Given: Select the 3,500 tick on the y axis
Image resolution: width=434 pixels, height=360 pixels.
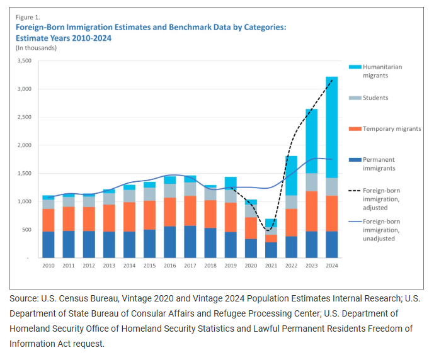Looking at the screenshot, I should click(x=24, y=61).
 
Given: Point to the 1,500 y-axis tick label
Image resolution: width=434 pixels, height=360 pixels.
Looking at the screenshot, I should click(x=24, y=174).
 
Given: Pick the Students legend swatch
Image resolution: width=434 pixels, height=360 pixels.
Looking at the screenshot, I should click(x=354, y=98).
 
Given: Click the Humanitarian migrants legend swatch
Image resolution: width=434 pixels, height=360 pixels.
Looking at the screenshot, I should click(x=354, y=67).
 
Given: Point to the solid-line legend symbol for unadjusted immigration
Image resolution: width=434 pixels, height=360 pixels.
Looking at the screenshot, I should click(x=354, y=221).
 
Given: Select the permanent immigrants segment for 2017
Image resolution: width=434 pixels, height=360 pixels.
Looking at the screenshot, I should click(x=190, y=242).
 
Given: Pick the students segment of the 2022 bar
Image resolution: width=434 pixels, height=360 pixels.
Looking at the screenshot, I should click(x=291, y=202).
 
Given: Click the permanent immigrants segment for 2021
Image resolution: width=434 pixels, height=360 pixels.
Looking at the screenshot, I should click(x=271, y=250).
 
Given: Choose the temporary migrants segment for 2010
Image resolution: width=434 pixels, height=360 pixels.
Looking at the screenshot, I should click(x=49, y=220).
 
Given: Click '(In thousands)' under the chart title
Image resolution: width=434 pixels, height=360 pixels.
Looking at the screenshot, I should click(x=37, y=48).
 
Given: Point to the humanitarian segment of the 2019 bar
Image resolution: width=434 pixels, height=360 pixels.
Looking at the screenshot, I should click(x=231, y=182).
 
